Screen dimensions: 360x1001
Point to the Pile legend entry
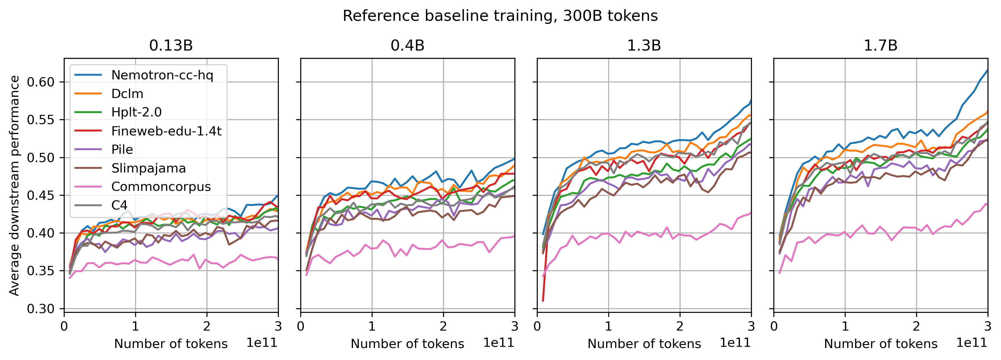click(122, 149)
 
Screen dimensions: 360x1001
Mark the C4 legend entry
click(119, 205)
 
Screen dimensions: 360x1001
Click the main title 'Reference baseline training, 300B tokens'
click(500, 16)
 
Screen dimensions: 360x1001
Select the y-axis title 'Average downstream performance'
click(14, 185)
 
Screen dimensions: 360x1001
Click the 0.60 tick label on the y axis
click(40, 82)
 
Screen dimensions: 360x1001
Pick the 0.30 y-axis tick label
click(40, 309)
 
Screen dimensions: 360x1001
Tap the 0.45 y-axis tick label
click(40, 195)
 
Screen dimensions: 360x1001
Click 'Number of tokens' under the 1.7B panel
click(881, 344)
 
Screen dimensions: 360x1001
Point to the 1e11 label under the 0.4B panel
click(499, 343)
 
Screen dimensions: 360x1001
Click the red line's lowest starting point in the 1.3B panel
click(543, 301)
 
